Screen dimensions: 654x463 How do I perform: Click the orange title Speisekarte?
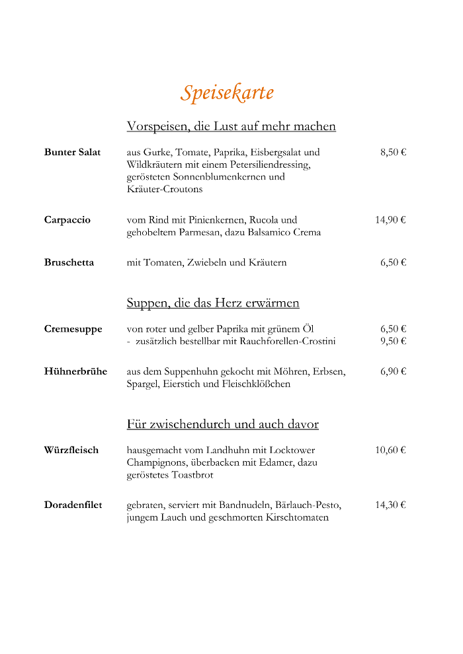[227, 92]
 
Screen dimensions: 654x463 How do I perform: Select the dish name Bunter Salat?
[73, 152]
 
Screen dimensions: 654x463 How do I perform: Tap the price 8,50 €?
[393, 152]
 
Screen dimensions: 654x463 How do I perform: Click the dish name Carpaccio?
[67, 220]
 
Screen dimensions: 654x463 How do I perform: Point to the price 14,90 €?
[390, 220]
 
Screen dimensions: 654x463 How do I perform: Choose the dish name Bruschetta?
[69, 262]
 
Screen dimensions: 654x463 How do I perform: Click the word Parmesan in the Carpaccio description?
[201, 233]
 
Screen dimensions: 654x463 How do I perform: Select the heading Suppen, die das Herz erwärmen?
[213, 303]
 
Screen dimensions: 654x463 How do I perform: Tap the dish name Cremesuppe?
[73, 329]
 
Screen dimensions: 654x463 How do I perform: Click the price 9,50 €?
[393, 341]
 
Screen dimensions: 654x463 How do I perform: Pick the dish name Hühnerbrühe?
[75, 371]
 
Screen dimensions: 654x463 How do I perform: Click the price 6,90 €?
[393, 371]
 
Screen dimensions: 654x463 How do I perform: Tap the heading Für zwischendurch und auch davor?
[223, 424]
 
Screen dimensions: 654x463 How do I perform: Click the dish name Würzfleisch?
[71, 450]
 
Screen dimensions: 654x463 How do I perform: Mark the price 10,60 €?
[390, 450]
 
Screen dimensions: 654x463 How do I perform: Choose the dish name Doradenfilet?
[73, 505]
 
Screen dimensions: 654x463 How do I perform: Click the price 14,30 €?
[390, 505]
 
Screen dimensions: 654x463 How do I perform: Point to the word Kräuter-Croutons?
[165, 189]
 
